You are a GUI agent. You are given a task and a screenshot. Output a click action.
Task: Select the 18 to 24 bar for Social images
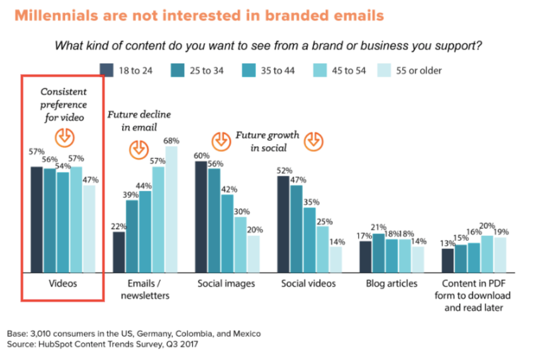point(201,217)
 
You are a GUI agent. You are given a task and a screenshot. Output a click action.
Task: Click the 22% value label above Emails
point(119,226)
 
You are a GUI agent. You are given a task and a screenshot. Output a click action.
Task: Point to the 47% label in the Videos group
point(90,180)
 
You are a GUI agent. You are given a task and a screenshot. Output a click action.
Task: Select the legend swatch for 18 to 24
point(107,70)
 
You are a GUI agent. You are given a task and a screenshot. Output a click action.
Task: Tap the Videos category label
point(63,284)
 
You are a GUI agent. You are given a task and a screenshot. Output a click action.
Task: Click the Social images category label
point(226,284)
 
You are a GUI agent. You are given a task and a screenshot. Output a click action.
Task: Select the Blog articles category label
point(391,284)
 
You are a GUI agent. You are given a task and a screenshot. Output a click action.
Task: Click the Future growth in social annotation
point(267,141)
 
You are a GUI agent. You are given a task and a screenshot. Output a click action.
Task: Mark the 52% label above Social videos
point(284,170)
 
